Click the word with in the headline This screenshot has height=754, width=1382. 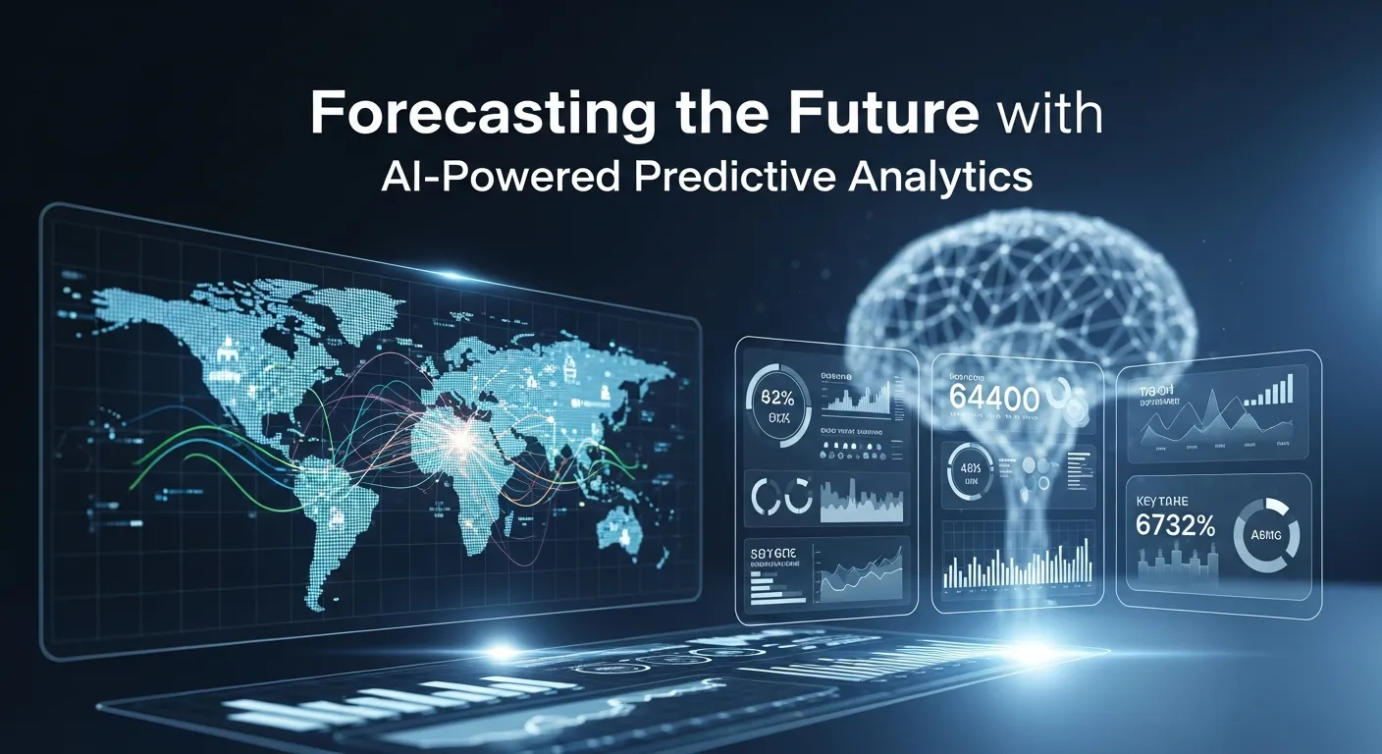(x=1047, y=116)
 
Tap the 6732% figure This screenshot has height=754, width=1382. (x=1175, y=526)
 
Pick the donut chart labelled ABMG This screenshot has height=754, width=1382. (x=1265, y=535)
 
